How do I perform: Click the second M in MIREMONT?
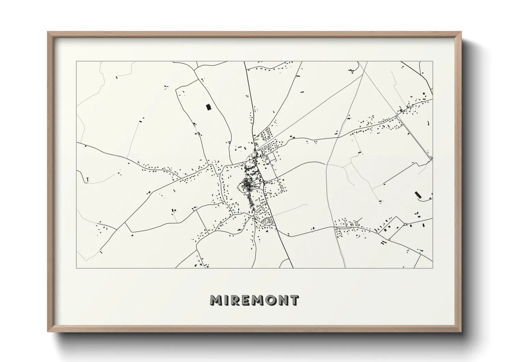tap(259, 300)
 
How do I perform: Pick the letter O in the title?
tap(273, 300)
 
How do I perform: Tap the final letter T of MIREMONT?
tap(295, 300)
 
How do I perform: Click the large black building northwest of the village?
tap(208, 107)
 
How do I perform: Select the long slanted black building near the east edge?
tap(417, 195)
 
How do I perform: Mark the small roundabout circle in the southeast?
tap(405, 224)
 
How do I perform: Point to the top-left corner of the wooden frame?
tap(48, 32)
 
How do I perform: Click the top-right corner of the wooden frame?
tap(461, 32)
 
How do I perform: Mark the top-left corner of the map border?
tap(76, 62)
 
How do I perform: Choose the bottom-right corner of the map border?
tap(433, 268)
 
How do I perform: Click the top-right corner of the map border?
tap(433, 62)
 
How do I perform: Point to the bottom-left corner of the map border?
tap(76, 268)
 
